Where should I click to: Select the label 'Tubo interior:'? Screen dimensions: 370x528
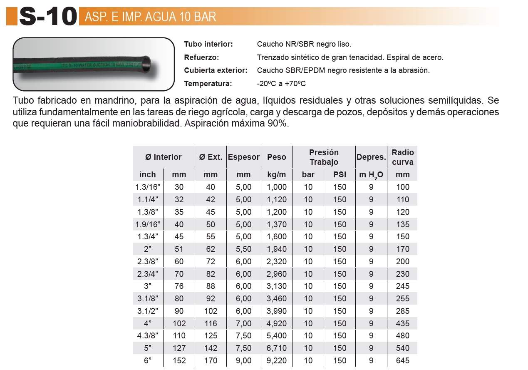point(208,44)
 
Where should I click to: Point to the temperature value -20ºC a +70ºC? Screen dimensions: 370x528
point(281,84)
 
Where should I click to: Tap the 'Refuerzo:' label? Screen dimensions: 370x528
point(201,57)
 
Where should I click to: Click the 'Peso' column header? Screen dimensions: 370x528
point(277,157)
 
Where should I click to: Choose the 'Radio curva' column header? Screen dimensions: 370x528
point(402,157)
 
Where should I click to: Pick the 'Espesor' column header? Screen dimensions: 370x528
point(244,157)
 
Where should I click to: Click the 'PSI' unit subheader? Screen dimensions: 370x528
point(340,174)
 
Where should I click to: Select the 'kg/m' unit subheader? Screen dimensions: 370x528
point(277,174)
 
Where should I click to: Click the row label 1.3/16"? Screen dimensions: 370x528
point(148,187)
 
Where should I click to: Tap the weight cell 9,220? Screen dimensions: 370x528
point(277,360)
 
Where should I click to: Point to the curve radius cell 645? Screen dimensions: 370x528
point(403,360)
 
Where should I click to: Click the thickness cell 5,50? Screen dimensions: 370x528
point(244,249)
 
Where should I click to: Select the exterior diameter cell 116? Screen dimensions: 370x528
point(211,323)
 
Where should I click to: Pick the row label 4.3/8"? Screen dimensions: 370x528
point(148,336)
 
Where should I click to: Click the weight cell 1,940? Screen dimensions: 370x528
point(277,249)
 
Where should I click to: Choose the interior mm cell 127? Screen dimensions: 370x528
point(179,348)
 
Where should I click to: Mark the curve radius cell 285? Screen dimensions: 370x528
point(403,311)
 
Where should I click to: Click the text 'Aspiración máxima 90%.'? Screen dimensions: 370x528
point(236,124)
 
